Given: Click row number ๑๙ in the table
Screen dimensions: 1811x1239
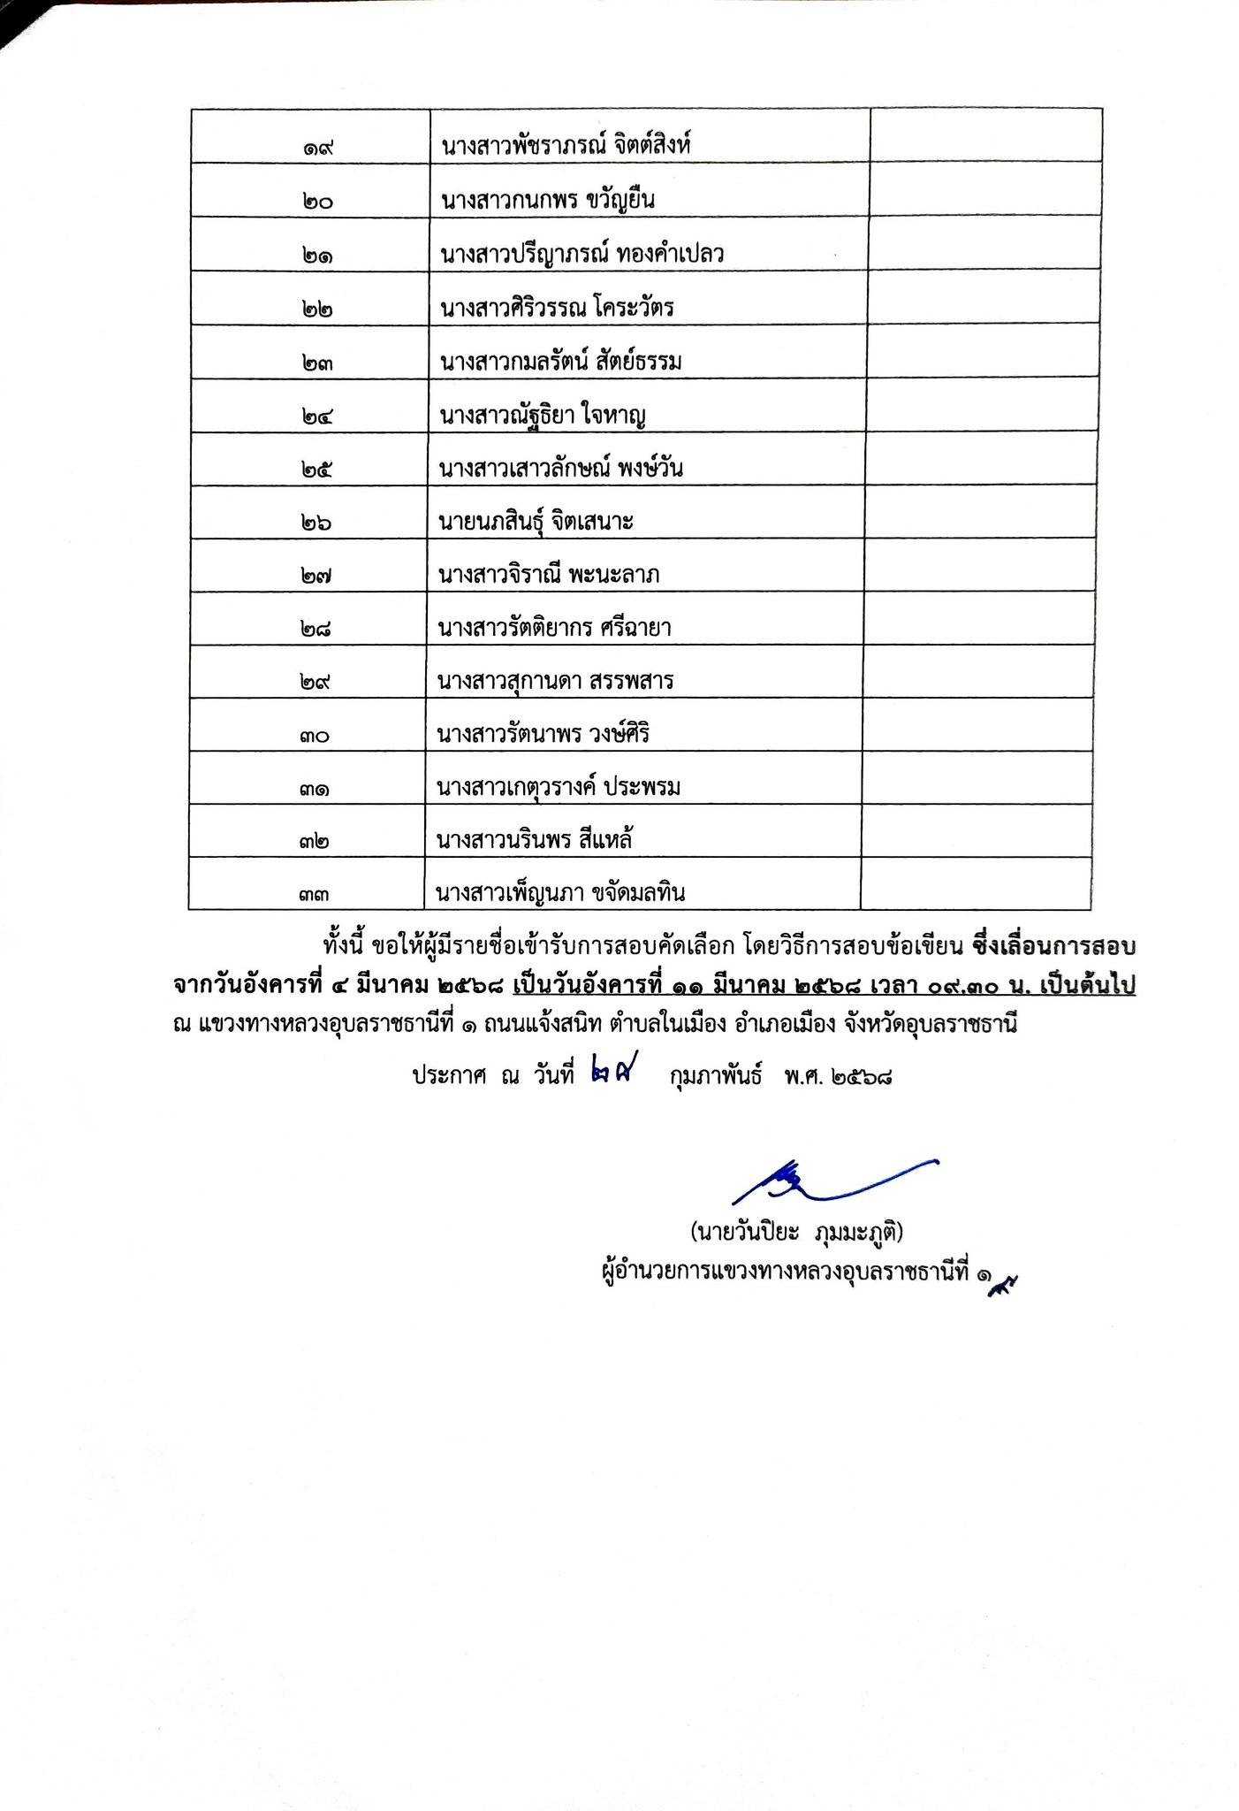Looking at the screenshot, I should pyautogui.click(x=315, y=149).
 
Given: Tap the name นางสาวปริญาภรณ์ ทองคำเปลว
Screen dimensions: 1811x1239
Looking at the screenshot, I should pyautogui.click(x=581, y=255).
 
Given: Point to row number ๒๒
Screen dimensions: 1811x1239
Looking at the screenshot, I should pyautogui.click(x=315, y=309).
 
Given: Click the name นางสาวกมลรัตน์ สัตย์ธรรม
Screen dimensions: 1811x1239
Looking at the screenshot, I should pyautogui.click(x=560, y=362).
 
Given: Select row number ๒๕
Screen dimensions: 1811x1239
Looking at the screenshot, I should pyautogui.click(x=315, y=470).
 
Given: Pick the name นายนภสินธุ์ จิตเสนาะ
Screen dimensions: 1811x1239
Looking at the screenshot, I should pyautogui.click(x=536, y=522).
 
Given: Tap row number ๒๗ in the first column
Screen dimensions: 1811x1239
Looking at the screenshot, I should pyautogui.click(x=315, y=577).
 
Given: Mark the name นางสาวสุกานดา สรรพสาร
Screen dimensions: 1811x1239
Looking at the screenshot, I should pyautogui.click(x=556, y=681).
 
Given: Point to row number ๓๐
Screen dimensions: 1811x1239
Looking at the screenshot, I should pyautogui.click(x=314, y=736).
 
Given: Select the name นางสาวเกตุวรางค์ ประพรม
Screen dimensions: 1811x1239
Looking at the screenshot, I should pyautogui.click(x=559, y=787).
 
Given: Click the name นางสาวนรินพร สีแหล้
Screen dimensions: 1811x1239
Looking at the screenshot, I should pyautogui.click(x=535, y=840).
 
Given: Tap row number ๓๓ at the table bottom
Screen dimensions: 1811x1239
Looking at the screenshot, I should pyautogui.click(x=314, y=895).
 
